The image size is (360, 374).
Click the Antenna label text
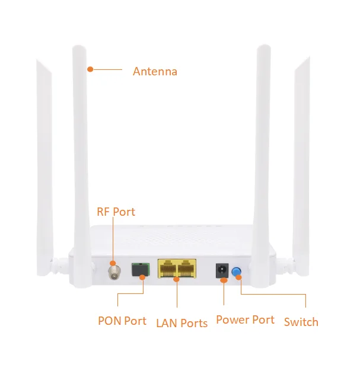point(155,72)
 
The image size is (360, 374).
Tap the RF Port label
point(116,212)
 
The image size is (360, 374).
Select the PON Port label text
point(122,321)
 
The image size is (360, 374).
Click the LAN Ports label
point(181,323)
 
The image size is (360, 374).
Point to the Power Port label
point(245,320)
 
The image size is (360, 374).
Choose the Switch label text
point(301,322)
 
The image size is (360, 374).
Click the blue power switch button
point(237,272)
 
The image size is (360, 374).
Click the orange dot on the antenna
point(90,69)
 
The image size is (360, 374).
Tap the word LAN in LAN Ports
point(167,323)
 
